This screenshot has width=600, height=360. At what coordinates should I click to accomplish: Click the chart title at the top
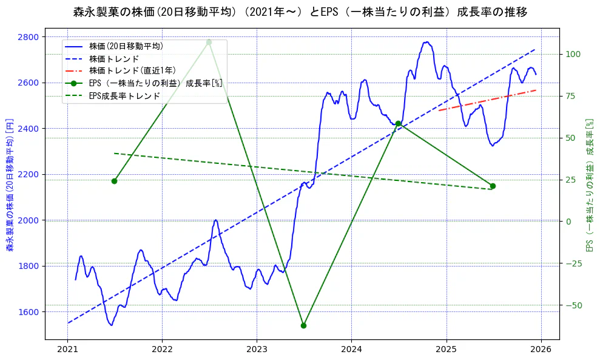[x=300, y=12]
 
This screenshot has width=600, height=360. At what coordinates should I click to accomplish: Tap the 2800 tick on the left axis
[x=28, y=37]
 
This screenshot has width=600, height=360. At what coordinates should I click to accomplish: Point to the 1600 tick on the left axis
[x=28, y=312]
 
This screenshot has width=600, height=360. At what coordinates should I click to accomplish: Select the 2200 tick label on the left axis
[x=28, y=175]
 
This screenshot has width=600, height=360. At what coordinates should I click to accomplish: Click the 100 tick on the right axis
[x=574, y=54]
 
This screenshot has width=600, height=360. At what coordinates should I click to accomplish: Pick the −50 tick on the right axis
[x=574, y=305]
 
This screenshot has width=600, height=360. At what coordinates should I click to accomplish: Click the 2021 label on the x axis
[x=67, y=350]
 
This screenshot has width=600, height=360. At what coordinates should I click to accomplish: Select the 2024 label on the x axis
[x=352, y=350]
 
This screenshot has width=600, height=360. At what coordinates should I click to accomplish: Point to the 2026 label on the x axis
[x=541, y=350]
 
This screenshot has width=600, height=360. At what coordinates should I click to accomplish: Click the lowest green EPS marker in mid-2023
[x=303, y=325]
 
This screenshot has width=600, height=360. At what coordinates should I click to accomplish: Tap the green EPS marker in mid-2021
[x=114, y=181]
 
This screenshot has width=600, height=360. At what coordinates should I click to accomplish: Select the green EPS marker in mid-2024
[x=398, y=123]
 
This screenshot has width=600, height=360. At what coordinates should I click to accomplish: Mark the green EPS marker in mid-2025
[x=493, y=186]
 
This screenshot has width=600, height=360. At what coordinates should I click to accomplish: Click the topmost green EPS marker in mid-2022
[x=209, y=42]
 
